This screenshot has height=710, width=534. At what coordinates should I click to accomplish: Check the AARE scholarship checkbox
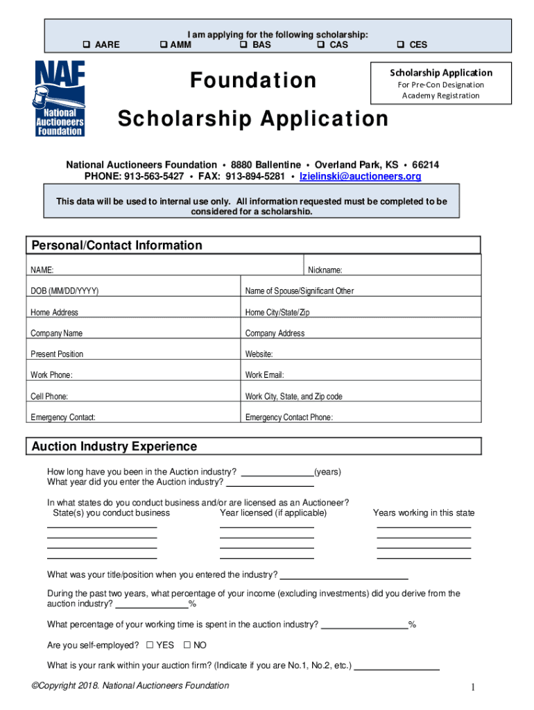(87, 45)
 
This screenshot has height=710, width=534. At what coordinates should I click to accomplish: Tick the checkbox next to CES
(401, 45)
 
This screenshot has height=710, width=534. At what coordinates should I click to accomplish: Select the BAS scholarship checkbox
(244, 45)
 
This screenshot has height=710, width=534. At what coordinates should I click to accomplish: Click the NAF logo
(60, 98)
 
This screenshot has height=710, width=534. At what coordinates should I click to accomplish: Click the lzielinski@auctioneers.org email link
(360, 177)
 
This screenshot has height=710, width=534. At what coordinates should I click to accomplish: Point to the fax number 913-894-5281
(256, 177)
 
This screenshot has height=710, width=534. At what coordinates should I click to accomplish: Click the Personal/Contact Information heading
(117, 245)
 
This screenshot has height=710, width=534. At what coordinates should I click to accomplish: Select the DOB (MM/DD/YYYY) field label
(64, 291)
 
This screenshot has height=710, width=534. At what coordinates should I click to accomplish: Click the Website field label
(259, 354)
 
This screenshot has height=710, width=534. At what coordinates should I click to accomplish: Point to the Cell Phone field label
(49, 397)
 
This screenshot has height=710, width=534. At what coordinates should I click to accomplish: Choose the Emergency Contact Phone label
(288, 417)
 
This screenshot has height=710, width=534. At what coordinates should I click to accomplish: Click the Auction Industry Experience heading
(114, 447)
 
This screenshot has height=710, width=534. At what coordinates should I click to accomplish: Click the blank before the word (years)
(277, 472)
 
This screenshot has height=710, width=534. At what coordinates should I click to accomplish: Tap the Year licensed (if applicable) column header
(273, 513)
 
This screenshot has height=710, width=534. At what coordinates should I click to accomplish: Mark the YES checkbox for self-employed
(150, 646)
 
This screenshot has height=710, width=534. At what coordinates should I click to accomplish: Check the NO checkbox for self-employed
(187, 646)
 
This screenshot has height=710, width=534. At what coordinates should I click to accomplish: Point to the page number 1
(473, 687)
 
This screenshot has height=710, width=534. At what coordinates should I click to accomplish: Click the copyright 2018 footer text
(130, 686)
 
